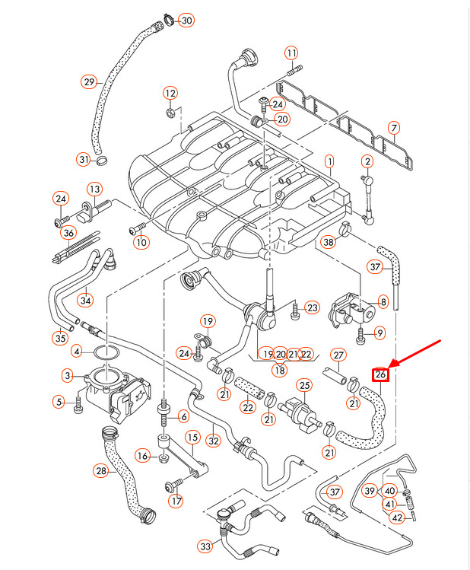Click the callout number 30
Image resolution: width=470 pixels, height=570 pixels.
point(186,20)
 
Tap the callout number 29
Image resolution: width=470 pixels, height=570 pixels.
point(88,81)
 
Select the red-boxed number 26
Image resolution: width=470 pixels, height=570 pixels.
point(380,374)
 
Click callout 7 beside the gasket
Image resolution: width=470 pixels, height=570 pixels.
point(393,128)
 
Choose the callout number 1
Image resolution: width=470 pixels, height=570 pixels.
point(329,161)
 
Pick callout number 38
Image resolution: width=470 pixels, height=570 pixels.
point(328,242)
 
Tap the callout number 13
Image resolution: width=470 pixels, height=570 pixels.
point(94,189)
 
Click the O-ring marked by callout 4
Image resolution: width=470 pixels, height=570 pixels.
point(106,352)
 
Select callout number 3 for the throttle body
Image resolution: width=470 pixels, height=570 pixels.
point(68,375)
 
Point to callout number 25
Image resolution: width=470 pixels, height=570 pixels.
point(304,386)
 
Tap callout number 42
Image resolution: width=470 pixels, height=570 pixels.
point(397,517)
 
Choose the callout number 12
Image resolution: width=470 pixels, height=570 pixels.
point(170,94)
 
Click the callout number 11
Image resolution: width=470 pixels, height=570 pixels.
point(292,53)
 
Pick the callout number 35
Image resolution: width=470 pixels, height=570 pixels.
point(60,337)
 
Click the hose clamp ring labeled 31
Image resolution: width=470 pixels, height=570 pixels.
point(103,161)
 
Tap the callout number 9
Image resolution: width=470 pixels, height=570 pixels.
point(380,332)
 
